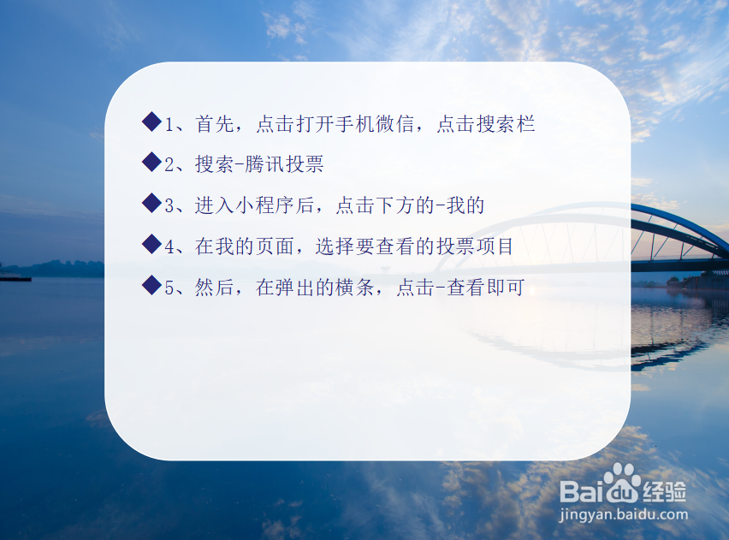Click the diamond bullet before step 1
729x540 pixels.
[151, 122]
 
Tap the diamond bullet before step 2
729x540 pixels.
[151, 163]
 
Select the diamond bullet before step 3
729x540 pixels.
[151, 204]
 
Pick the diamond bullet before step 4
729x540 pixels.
[151, 245]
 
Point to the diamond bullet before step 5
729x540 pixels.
[151, 286]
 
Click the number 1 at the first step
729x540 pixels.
[169, 124]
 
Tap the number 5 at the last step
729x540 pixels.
[169, 288]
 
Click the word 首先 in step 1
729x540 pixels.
[215, 124]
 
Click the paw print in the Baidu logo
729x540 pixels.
[622, 480]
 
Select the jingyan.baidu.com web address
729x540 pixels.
[622, 516]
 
